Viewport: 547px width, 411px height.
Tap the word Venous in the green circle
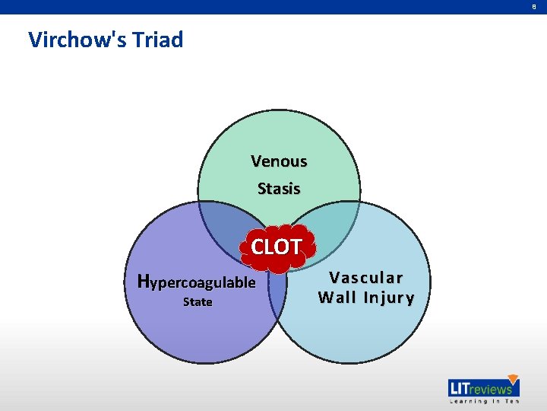[x=279, y=161]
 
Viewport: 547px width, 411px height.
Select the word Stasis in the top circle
[x=279, y=188]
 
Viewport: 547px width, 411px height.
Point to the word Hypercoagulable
[x=197, y=282]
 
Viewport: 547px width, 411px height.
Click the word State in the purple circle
[x=198, y=302]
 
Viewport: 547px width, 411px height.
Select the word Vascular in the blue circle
[x=366, y=278]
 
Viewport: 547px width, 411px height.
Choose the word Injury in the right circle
[x=388, y=298]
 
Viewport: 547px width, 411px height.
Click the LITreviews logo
[x=483, y=389]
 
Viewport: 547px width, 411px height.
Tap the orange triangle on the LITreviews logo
[x=512, y=380]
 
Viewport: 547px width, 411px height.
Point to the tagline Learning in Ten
[x=483, y=401]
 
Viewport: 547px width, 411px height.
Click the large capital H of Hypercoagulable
[x=144, y=281]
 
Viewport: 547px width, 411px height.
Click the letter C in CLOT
[x=258, y=247]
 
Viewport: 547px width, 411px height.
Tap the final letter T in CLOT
[x=295, y=247]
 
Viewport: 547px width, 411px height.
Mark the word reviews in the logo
[x=489, y=390]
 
